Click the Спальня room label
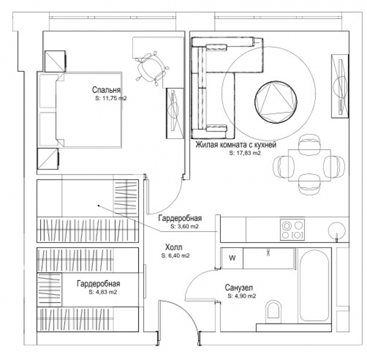coord(106,90)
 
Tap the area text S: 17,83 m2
coord(245,153)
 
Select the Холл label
coord(174,247)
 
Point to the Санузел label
coord(239,288)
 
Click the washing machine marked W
coord(232,258)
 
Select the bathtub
coord(314,285)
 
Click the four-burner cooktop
coord(292,230)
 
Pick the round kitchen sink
coord(337,230)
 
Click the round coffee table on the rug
coord(276,102)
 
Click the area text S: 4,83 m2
coord(103,292)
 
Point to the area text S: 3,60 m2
coord(185,226)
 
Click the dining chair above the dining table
coord(309,144)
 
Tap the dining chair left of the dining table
coord(284,167)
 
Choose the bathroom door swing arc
coord(193,278)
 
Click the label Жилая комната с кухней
coord(236,145)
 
